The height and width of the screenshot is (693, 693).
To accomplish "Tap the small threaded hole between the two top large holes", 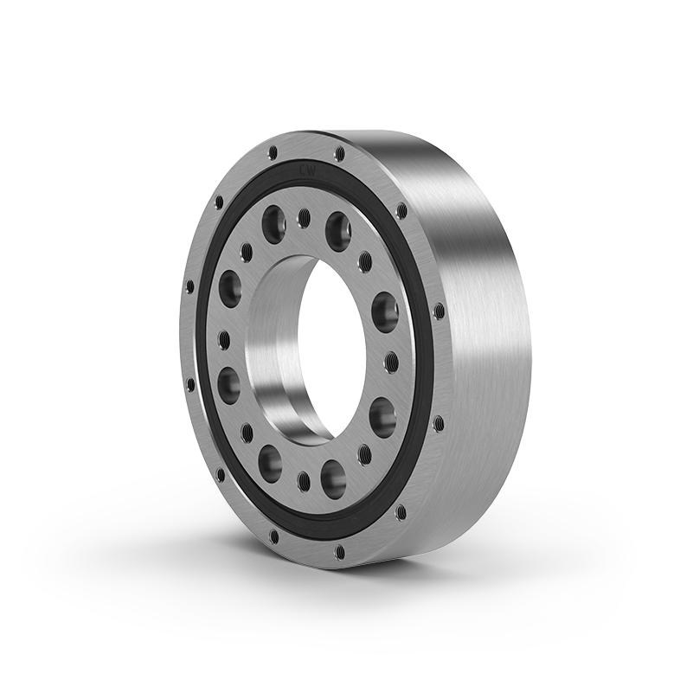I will coord(304,217).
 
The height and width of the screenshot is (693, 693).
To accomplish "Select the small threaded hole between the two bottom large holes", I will coord(305,481).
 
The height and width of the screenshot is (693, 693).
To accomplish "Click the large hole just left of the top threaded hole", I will coord(274,221).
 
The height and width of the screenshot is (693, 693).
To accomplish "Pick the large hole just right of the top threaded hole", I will coord(338,231).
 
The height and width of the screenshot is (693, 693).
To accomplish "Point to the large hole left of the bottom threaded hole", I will coord(270,463).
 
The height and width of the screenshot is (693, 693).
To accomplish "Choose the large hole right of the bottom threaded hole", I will coord(334,478).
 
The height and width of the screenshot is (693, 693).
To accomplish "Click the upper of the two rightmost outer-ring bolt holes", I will coord(439,311).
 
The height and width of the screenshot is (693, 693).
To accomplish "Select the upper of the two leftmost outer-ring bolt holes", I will coord(190,286).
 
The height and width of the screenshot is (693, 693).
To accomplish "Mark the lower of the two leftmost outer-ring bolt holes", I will coord(190,382).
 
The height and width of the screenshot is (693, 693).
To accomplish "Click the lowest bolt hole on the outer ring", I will coord(340,550).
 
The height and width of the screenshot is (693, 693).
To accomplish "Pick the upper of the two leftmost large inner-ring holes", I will coord(230,288).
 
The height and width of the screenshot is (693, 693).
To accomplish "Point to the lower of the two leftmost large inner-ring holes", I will coord(228,385).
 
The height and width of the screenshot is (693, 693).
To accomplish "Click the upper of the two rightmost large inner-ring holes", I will coord(385,311).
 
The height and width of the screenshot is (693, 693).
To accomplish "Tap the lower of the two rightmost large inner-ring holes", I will coord(382,417).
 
